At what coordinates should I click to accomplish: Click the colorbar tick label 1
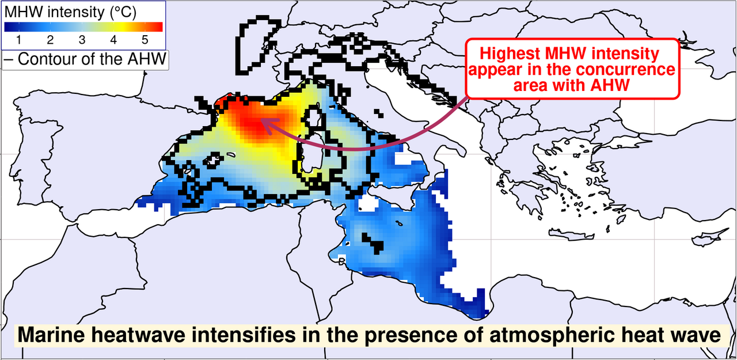click(x=19, y=40)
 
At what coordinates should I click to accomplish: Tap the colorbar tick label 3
click(x=82, y=40)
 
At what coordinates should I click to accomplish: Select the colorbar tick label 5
click(x=145, y=40)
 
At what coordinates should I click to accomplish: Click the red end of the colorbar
click(x=155, y=26)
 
